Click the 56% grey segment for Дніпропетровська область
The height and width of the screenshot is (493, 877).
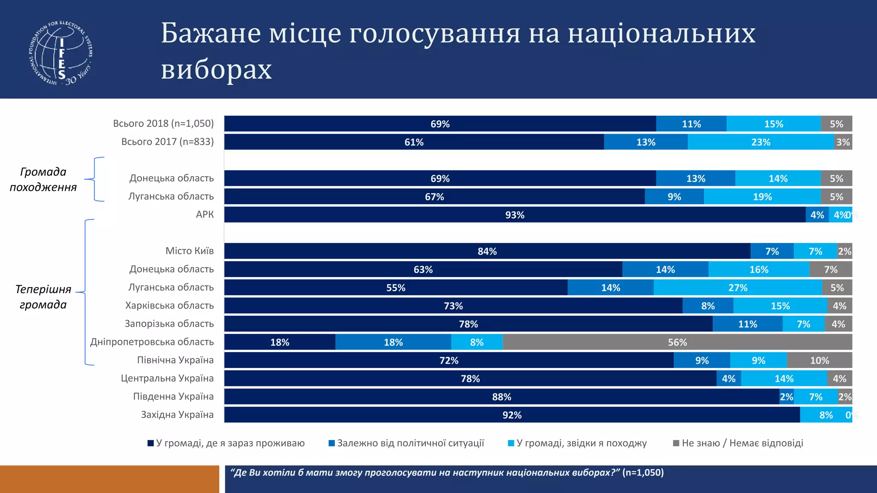pyautogui.click(x=677, y=342)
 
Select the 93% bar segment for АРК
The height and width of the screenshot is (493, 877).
pyautogui.click(x=514, y=215)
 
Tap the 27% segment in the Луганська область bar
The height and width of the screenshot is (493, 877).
pyautogui.click(x=737, y=288)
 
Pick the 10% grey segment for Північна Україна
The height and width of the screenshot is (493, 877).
pyautogui.click(x=819, y=360)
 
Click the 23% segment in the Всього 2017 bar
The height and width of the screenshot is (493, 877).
pyautogui.click(x=761, y=142)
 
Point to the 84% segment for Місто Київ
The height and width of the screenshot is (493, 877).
pyautogui.click(x=487, y=251)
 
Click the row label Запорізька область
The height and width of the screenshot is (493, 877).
pyautogui.click(x=169, y=324)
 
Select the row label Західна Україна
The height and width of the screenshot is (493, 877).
pyautogui.click(x=177, y=415)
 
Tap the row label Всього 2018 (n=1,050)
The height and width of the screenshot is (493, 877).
pyautogui.click(x=163, y=124)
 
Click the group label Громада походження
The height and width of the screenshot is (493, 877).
pyautogui.click(x=43, y=179)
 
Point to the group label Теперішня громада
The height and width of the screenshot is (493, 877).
pyautogui.click(x=43, y=297)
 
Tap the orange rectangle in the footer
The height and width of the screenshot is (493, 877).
pyautogui.click(x=109, y=479)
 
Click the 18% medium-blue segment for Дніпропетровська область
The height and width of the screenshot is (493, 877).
pyautogui.click(x=393, y=342)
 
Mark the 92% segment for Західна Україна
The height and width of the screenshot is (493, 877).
pyautogui.click(x=512, y=415)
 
